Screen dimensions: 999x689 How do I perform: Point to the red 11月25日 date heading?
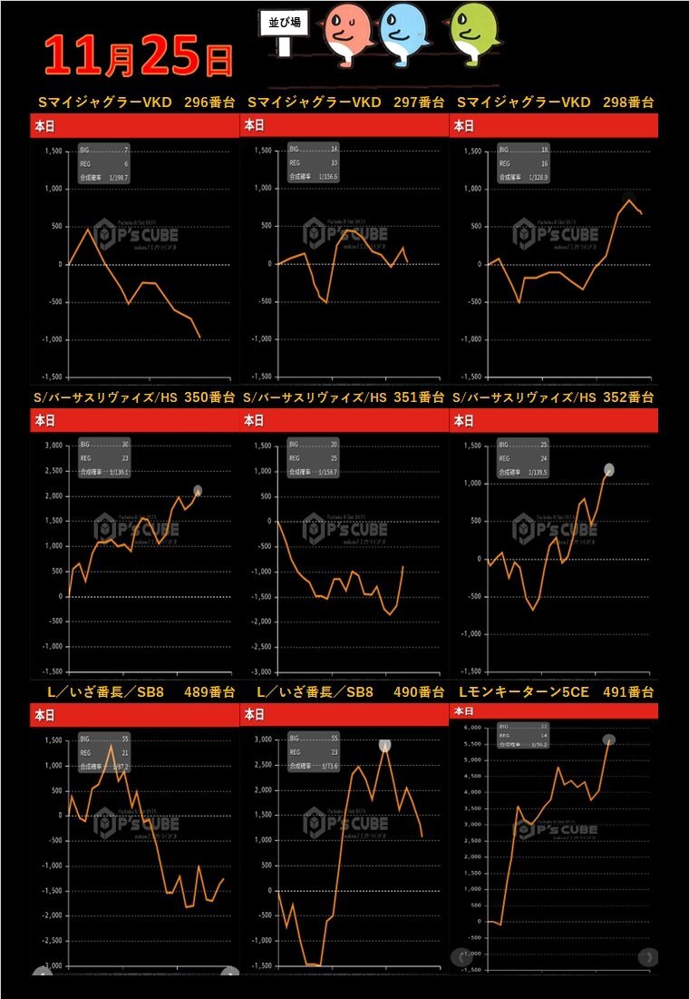coord(136,54)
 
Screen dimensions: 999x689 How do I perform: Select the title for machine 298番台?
coord(556,103)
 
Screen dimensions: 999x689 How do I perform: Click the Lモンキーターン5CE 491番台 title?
coord(556,692)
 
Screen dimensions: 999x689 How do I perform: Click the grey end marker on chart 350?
coord(198,491)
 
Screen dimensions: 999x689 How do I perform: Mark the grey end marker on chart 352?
coord(609,469)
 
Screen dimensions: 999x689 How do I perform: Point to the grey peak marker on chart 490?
coord(385,745)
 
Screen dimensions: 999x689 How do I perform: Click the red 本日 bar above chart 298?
coord(554,126)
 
